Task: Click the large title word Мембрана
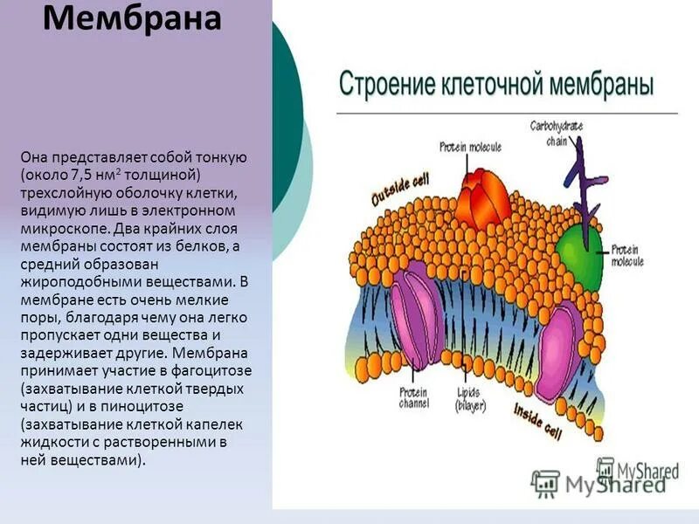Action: [x=131, y=19]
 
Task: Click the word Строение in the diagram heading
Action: [x=382, y=86]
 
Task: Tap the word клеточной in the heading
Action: [x=486, y=86]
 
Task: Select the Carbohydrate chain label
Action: [x=557, y=132]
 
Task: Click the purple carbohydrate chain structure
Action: [x=579, y=176]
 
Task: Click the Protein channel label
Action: [x=413, y=397]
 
